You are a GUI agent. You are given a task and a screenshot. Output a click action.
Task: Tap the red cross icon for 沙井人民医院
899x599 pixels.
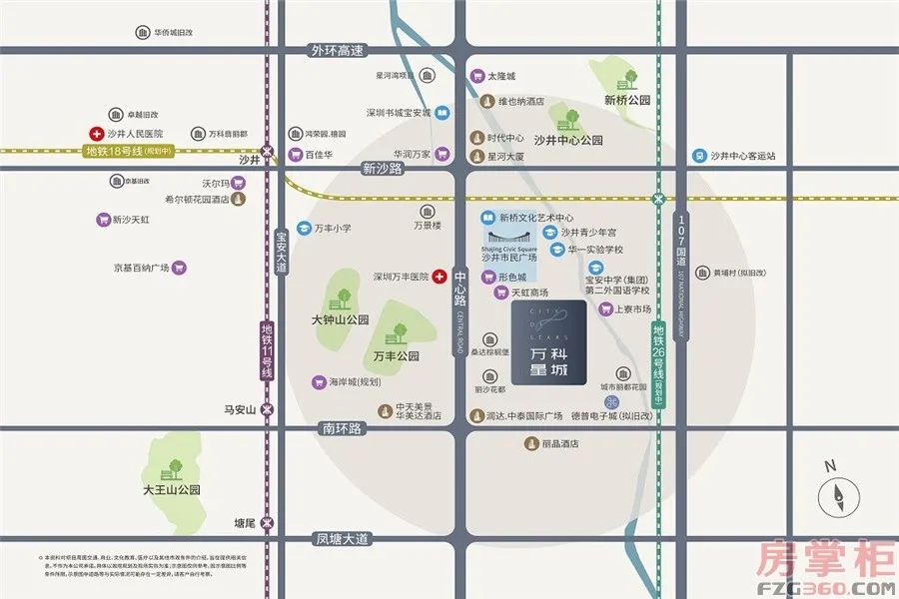click(96, 133)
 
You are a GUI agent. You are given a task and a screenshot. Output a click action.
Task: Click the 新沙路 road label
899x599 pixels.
click(382, 169)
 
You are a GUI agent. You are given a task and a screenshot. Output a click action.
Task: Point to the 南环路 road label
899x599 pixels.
click(342, 427)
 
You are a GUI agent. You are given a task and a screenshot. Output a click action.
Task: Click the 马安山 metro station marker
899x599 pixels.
click(266, 409)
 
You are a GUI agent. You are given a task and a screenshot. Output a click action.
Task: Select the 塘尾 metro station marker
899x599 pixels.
click(266, 522)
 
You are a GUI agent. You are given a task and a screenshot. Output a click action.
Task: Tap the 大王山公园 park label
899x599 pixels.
click(172, 490)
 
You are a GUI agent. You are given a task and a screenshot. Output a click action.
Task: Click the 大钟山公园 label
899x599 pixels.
click(340, 321)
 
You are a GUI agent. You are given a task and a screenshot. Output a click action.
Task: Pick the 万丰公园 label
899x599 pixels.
click(396, 355)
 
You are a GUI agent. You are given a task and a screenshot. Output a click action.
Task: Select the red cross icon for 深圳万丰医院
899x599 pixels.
click(438, 277)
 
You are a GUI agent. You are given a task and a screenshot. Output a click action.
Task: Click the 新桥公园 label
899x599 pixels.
click(627, 100)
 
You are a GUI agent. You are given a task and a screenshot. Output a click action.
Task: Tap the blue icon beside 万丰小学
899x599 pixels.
click(304, 229)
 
